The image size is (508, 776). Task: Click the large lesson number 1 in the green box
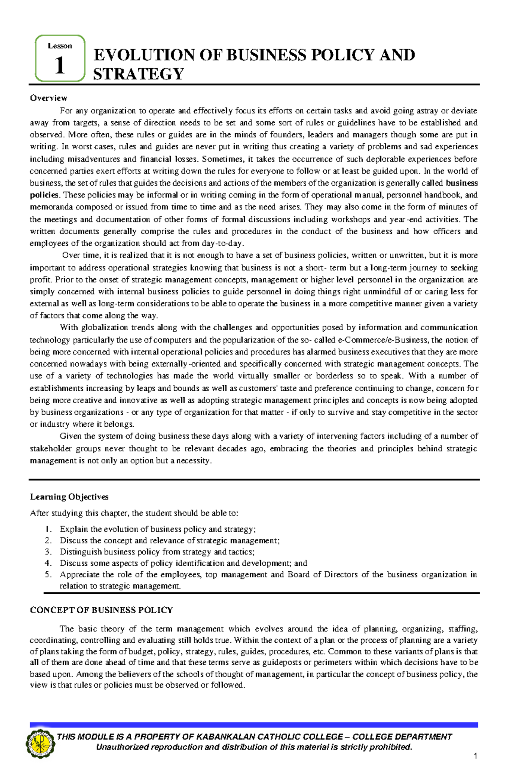click(60, 66)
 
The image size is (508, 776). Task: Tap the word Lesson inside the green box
click(60, 46)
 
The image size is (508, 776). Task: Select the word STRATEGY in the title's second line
click(138, 74)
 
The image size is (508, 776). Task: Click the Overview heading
click(48, 98)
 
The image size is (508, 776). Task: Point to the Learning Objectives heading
click(69, 496)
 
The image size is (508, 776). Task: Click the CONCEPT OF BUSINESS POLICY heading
click(101, 610)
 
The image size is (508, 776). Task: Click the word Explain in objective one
click(74, 529)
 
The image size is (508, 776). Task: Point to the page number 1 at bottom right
click(476, 756)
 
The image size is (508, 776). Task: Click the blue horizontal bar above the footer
click(254, 725)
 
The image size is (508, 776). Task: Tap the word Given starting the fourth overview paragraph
click(70, 436)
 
